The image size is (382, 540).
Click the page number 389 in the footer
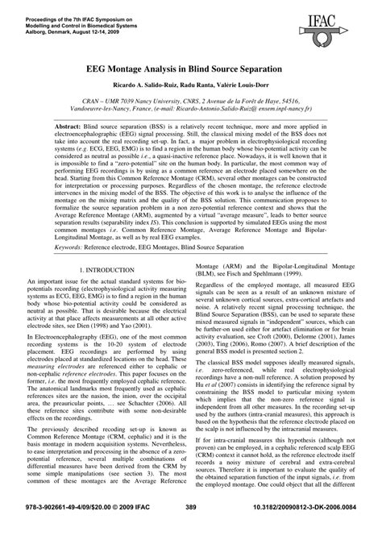pos(191,530)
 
